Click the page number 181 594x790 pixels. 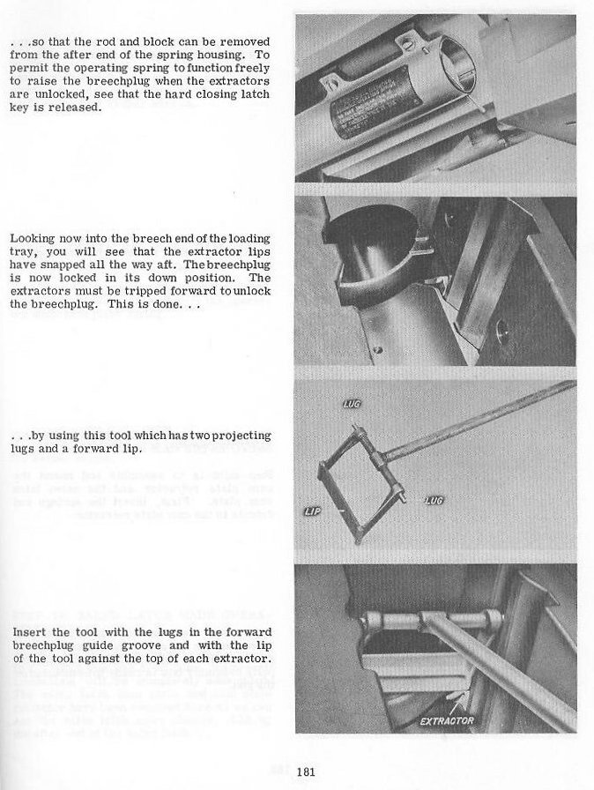[x=307, y=772]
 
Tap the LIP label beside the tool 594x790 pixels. [x=311, y=511]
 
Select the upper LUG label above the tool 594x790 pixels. [x=352, y=404]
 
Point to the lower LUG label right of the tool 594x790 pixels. [x=434, y=500]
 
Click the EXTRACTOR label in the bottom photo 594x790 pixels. [x=447, y=721]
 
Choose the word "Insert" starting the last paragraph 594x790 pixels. [x=28, y=633]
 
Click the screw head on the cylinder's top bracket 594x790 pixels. [x=408, y=42]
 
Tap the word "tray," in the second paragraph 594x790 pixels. [x=25, y=251]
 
